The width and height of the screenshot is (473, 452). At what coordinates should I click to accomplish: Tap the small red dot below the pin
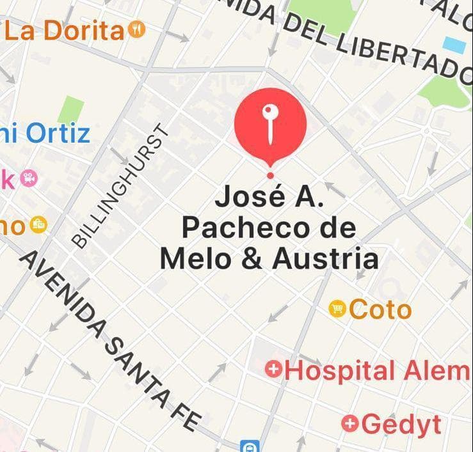pyautogui.click(x=270, y=175)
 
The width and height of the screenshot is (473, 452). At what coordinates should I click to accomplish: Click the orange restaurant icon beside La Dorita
pyautogui.click(x=137, y=29)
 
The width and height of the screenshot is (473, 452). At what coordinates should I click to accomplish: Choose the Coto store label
pyautogui.click(x=380, y=309)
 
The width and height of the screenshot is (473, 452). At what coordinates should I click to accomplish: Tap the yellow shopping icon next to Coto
pyautogui.click(x=337, y=309)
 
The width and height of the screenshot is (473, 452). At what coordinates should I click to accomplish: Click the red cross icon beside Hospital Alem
pyautogui.click(x=274, y=370)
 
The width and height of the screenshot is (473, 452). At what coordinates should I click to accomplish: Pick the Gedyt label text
pyautogui.click(x=401, y=423)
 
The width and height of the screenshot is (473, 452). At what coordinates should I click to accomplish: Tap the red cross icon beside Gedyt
pyautogui.click(x=349, y=423)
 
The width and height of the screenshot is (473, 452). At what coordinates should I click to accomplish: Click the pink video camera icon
pyautogui.click(x=28, y=178)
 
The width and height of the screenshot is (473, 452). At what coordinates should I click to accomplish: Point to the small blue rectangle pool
pyautogui.click(x=455, y=45)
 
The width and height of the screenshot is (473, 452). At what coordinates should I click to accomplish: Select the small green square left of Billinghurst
pyautogui.click(x=70, y=109)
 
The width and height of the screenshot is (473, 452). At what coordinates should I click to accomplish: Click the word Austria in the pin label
pyautogui.click(x=325, y=259)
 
